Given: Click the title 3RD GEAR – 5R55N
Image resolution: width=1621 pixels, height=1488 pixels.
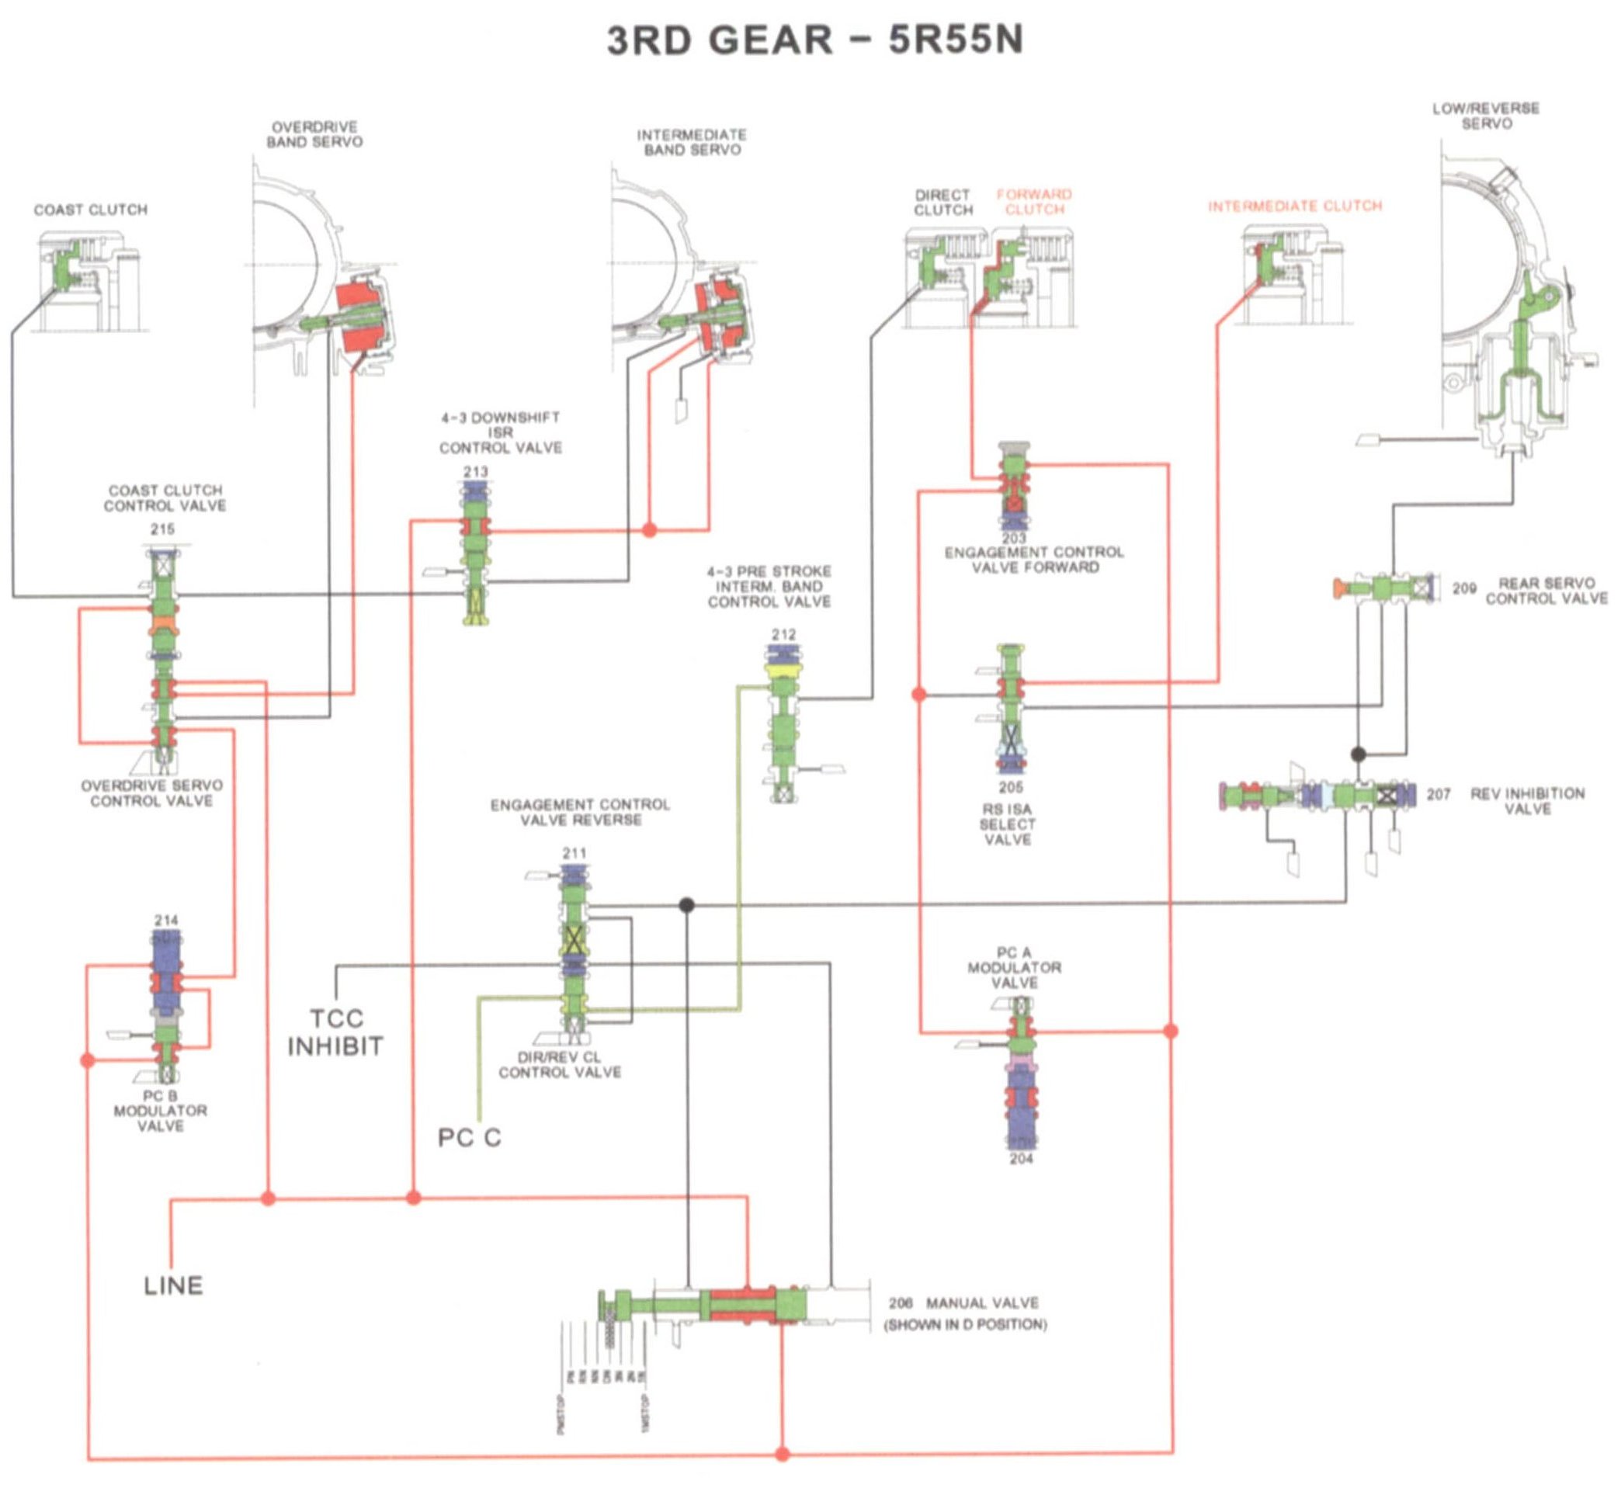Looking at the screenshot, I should click(x=814, y=40).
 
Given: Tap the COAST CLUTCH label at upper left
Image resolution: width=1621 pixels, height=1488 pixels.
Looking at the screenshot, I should click(x=90, y=210).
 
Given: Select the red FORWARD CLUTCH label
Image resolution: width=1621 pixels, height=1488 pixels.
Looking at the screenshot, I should click(x=1034, y=202).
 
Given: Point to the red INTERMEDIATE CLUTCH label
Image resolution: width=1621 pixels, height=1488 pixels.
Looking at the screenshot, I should click(x=1295, y=206).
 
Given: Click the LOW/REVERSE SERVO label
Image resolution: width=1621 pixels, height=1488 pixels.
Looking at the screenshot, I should click(x=1486, y=116).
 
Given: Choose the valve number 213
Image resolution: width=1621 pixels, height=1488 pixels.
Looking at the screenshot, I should click(x=475, y=471).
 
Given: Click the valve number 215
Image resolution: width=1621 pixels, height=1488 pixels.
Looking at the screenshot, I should click(x=163, y=529).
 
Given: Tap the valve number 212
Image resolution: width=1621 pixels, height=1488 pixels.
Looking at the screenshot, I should click(x=783, y=634).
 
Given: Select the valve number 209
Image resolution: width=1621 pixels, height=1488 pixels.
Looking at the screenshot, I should click(x=1463, y=588).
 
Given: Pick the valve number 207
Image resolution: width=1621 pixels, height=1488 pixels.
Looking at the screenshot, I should click(x=1439, y=795).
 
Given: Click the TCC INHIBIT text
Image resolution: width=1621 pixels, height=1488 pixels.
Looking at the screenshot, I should click(x=336, y=1032).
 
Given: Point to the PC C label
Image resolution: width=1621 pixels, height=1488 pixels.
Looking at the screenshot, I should click(x=470, y=1138).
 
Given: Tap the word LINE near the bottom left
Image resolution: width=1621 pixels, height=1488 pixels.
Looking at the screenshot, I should click(x=173, y=1286).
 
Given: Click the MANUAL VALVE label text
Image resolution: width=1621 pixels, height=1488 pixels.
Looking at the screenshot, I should click(x=981, y=1302).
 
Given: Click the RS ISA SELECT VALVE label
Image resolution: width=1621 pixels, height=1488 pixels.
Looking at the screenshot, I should click(x=1008, y=824).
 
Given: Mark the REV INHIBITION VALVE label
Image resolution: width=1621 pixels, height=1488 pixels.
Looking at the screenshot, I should click(x=1527, y=801).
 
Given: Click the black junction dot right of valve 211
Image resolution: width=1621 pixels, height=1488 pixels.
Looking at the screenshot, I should click(x=687, y=905).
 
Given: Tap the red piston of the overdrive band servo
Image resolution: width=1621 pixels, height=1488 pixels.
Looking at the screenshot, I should click(x=360, y=317).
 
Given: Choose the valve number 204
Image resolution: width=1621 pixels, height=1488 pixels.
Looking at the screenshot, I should click(x=1021, y=1159).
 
